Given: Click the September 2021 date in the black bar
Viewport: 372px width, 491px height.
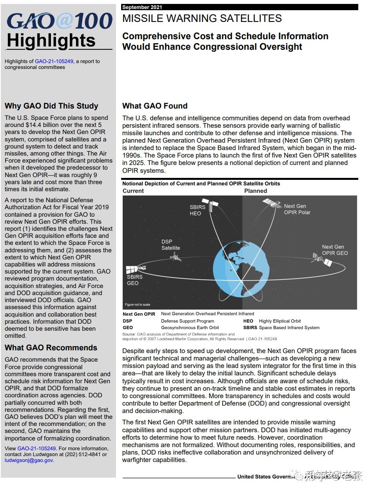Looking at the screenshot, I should [142, 7].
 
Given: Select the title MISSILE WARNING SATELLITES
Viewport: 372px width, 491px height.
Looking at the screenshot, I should [202, 18].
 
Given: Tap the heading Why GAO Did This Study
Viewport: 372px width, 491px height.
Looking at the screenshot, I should [51, 106].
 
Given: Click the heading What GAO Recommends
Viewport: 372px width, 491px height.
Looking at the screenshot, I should [51, 348].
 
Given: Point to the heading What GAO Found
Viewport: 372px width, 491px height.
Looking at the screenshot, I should [155, 106].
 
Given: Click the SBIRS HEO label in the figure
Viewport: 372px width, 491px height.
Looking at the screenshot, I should [198, 210].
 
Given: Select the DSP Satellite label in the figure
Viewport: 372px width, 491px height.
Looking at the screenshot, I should [171, 245].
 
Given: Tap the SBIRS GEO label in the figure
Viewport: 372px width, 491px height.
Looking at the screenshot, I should [134, 280].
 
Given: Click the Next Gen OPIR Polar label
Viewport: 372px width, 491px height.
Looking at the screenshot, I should [297, 209].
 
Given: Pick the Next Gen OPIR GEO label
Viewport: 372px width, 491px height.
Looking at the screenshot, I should [335, 250].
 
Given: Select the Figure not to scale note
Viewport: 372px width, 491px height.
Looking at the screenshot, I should [137, 304].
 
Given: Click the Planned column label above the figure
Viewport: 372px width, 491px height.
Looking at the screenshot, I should [256, 191].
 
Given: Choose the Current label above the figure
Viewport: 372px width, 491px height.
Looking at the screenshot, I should [133, 191].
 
